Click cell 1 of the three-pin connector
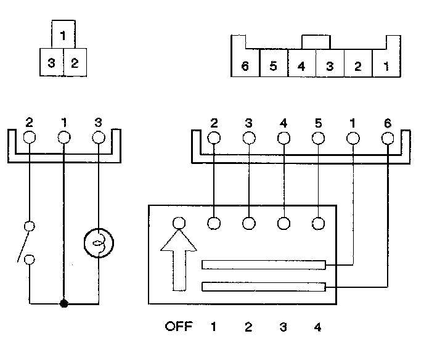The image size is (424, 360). (x=63, y=35)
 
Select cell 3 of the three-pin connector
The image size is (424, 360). (x=51, y=62)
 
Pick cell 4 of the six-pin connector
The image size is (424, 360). (x=302, y=63)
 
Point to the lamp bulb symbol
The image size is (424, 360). (x=99, y=243)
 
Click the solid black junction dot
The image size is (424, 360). (x=64, y=304)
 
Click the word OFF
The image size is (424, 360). (x=179, y=327)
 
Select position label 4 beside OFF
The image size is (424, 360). (x=318, y=327)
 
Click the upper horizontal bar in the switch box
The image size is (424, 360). (x=264, y=265)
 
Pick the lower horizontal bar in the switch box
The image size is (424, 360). (x=264, y=287)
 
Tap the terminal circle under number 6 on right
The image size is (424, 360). (x=388, y=139)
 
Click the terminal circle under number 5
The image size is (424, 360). (x=318, y=138)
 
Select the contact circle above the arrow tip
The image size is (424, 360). (x=179, y=223)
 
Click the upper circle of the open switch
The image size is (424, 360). (x=30, y=226)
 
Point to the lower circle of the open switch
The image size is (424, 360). (x=30, y=260)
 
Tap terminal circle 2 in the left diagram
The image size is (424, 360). (x=30, y=137)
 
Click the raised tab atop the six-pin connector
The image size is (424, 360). (x=316, y=42)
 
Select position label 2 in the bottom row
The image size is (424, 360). (x=248, y=327)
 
